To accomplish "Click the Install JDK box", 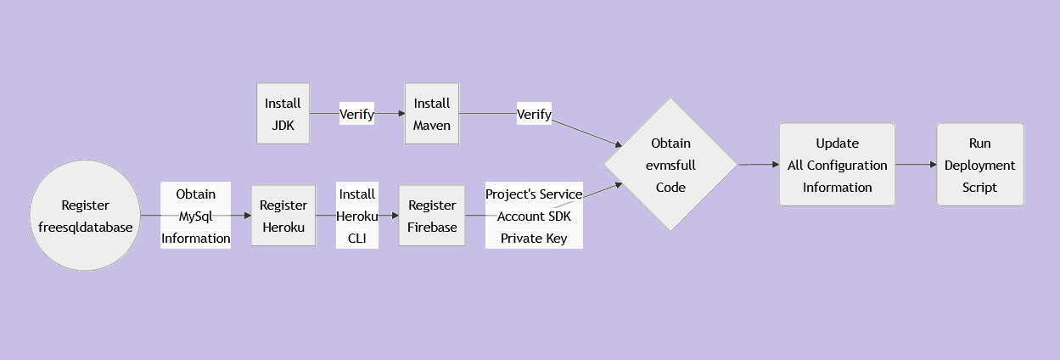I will tap(283, 114).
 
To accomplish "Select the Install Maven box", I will tap(432, 114).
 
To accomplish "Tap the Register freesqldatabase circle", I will tap(85, 216).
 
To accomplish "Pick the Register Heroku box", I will tap(283, 216).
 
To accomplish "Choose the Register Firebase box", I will tap(432, 216).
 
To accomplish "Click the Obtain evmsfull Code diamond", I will tap(670, 165).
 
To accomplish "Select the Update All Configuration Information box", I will tap(837, 165).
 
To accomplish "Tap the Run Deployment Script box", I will tap(979, 165).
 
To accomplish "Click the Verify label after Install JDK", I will tap(356, 114).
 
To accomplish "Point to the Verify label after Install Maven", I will tap(534, 114).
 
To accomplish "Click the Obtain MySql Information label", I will tap(196, 216).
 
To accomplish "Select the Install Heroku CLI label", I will tap(356, 216).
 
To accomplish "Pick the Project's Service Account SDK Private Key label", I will tap(534, 216).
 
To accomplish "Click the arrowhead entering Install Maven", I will tap(401, 114).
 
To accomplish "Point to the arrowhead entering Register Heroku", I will tap(246, 216).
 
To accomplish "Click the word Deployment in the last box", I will tap(979, 165).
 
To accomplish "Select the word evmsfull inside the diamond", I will tap(670, 166).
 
